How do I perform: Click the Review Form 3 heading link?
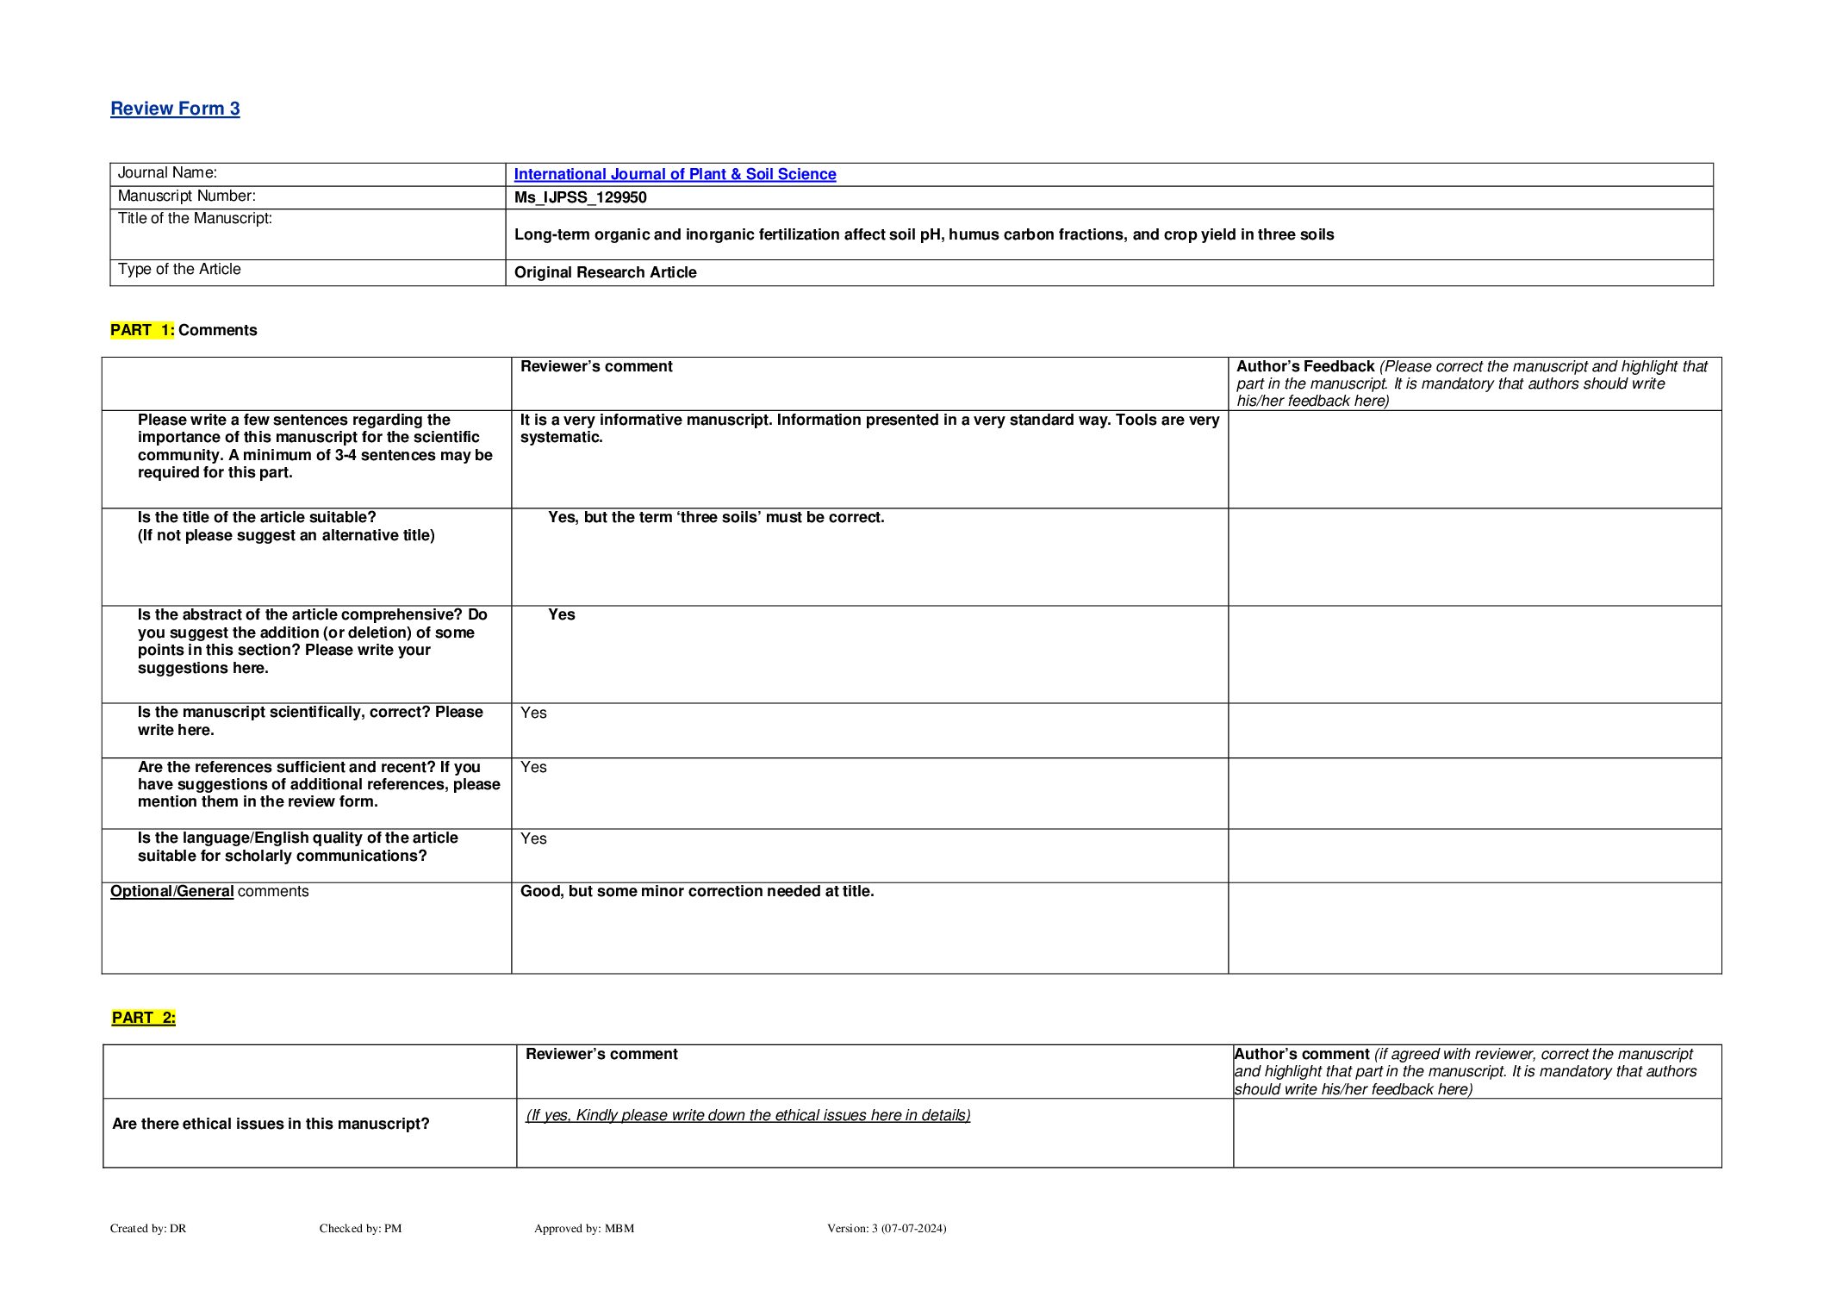[x=175, y=109]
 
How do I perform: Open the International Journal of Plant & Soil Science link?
[x=675, y=174]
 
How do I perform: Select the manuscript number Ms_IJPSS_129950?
[x=580, y=197]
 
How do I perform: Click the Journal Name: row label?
[x=167, y=173]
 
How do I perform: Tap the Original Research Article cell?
[x=605, y=272]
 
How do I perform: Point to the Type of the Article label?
[x=179, y=270]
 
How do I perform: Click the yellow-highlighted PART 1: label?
[x=142, y=330]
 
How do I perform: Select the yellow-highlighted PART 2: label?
[x=144, y=1018]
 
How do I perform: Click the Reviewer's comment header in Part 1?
[x=596, y=366]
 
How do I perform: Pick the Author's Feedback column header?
[x=1304, y=366]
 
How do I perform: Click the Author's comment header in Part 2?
[x=1301, y=1054]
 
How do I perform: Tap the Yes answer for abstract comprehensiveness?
[x=561, y=615]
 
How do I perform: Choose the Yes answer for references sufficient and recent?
[x=533, y=767]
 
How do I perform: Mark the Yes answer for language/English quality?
[x=533, y=838]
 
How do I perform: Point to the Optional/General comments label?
[x=209, y=891]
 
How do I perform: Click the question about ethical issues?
[x=271, y=1124]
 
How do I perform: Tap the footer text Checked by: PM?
[x=360, y=1228]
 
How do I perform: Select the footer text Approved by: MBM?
[x=583, y=1228]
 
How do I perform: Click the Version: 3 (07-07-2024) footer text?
[x=886, y=1228]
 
